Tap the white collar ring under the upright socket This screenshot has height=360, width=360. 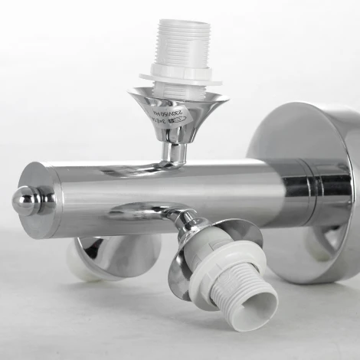tap(180, 77)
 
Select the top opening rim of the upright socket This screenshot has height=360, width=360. tap(182, 21)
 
